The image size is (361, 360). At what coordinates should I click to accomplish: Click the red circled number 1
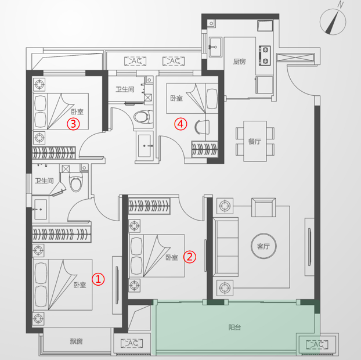coord(98,279)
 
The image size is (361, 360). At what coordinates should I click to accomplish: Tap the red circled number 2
coord(190,257)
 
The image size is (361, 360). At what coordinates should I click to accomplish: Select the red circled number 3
coord(73,124)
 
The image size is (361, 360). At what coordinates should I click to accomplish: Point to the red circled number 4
coord(180,124)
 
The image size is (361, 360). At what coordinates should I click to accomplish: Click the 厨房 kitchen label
coord(240,62)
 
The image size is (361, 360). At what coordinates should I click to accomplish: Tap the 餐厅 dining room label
coord(255,141)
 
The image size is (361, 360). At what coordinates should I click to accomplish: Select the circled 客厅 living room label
coord(263,246)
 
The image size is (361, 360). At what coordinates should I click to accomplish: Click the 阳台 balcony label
coord(234,327)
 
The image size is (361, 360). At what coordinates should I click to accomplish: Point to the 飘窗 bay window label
coord(76,341)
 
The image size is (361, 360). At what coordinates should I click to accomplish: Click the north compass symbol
coord(333,21)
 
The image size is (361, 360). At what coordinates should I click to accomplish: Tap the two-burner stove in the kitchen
coord(265,56)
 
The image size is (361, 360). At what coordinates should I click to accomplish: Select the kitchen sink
coord(215,47)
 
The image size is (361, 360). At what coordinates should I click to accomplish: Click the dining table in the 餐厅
coord(255,141)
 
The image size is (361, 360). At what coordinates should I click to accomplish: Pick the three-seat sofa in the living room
coord(226,247)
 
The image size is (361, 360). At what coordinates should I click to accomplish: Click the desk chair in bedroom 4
coord(202,127)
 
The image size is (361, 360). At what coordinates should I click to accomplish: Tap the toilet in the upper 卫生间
coord(143,117)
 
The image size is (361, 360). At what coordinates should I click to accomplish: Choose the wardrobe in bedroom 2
coord(149,206)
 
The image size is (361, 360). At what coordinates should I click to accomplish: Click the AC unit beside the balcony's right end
coord(317,344)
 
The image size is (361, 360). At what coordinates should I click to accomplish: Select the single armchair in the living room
coord(263,207)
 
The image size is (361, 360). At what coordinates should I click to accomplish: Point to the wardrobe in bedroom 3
coord(54,153)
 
